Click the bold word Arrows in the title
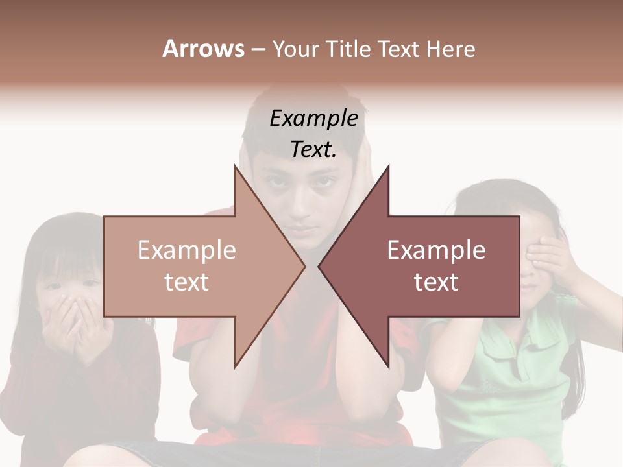[x=204, y=49]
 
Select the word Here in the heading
[x=450, y=49]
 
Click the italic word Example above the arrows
[x=313, y=119]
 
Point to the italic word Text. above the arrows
[x=313, y=150]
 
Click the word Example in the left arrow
[x=187, y=250]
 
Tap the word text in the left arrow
[x=187, y=282]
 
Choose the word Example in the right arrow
[x=436, y=250]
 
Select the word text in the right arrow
[x=436, y=282]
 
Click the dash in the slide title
[x=257, y=49]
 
